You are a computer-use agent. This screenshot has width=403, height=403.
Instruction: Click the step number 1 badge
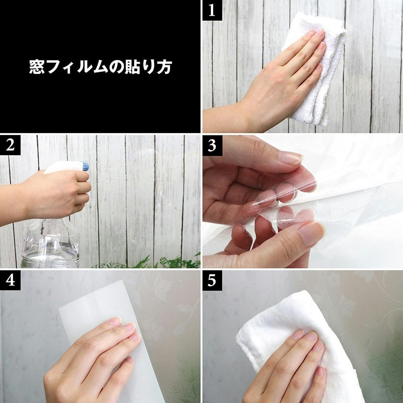tap(212, 10)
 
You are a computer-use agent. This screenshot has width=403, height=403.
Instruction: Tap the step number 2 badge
tap(10, 145)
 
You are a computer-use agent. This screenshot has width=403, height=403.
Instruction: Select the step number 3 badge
tap(212, 145)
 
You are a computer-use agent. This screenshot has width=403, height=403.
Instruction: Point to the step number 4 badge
tap(10, 280)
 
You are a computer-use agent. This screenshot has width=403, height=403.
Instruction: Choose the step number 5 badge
tap(212, 280)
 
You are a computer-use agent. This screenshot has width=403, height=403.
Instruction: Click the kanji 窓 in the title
tap(37, 67)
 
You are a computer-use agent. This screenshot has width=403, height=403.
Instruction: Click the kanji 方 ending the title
tap(164, 67)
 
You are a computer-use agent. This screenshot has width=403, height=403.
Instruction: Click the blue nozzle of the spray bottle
tap(85, 166)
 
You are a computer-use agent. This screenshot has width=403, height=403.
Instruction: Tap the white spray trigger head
tap(66, 167)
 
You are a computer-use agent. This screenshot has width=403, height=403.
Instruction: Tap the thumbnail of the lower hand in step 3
tap(312, 233)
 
